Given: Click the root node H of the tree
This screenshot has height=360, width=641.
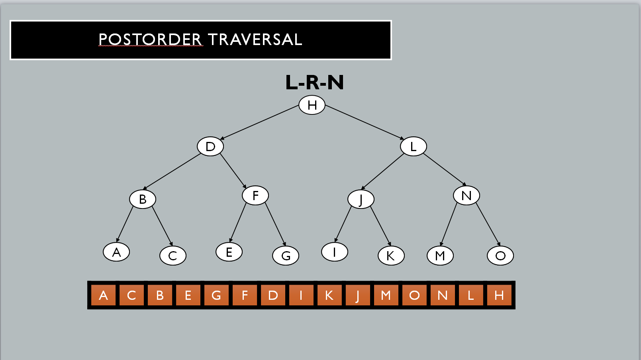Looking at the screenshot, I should [312, 105].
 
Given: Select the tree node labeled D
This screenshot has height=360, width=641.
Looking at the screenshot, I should [210, 146].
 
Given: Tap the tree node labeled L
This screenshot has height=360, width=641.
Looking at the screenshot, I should [413, 146].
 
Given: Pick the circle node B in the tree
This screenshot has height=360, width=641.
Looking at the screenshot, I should [143, 199].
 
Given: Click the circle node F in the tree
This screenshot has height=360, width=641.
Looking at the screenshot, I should [255, 195].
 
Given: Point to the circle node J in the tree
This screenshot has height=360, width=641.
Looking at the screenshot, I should [361, 199].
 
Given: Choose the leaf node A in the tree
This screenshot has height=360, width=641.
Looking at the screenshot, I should [116, 252].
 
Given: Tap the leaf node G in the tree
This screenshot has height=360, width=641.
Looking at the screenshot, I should [286, 256].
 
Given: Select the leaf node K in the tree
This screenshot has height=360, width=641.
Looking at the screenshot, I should [391, 256].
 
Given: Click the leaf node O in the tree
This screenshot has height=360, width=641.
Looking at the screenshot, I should [500, 256].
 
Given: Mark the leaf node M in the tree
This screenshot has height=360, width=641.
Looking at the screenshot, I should [440, 256].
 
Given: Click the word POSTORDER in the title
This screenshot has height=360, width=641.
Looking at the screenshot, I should [150, 40].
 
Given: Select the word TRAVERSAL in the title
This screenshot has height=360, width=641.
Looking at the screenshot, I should [255, 40].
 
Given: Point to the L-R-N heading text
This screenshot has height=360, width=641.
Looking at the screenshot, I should [314, 83].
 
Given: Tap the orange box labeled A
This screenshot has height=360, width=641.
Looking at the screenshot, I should [103, 295].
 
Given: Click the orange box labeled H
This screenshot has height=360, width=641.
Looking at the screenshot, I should [499, 295].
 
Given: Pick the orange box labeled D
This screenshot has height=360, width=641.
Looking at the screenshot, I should [273, 295].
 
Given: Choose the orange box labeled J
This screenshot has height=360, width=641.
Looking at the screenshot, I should [358, 295].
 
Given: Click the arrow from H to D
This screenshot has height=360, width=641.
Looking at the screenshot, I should [260, 122].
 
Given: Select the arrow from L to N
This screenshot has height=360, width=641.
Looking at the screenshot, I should [445, 169].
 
